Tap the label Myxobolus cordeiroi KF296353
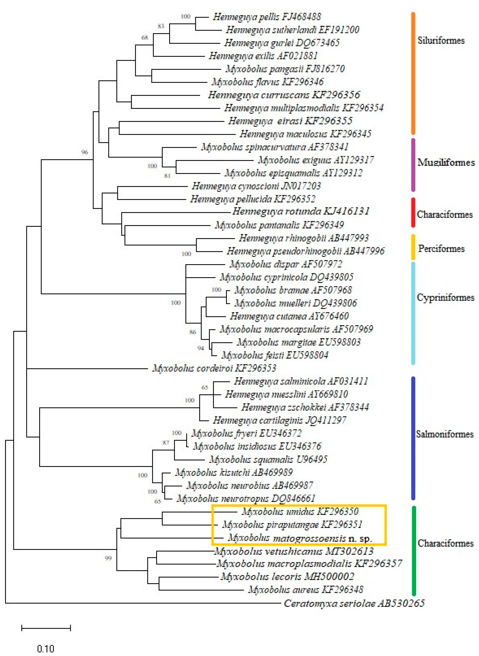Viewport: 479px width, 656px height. [214, 368]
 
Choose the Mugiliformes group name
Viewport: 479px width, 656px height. [446, 162]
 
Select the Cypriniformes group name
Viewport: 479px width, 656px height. [445, 297]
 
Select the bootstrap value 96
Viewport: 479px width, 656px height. [84, 152]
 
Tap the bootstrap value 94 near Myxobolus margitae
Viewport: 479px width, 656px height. [201, 348]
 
